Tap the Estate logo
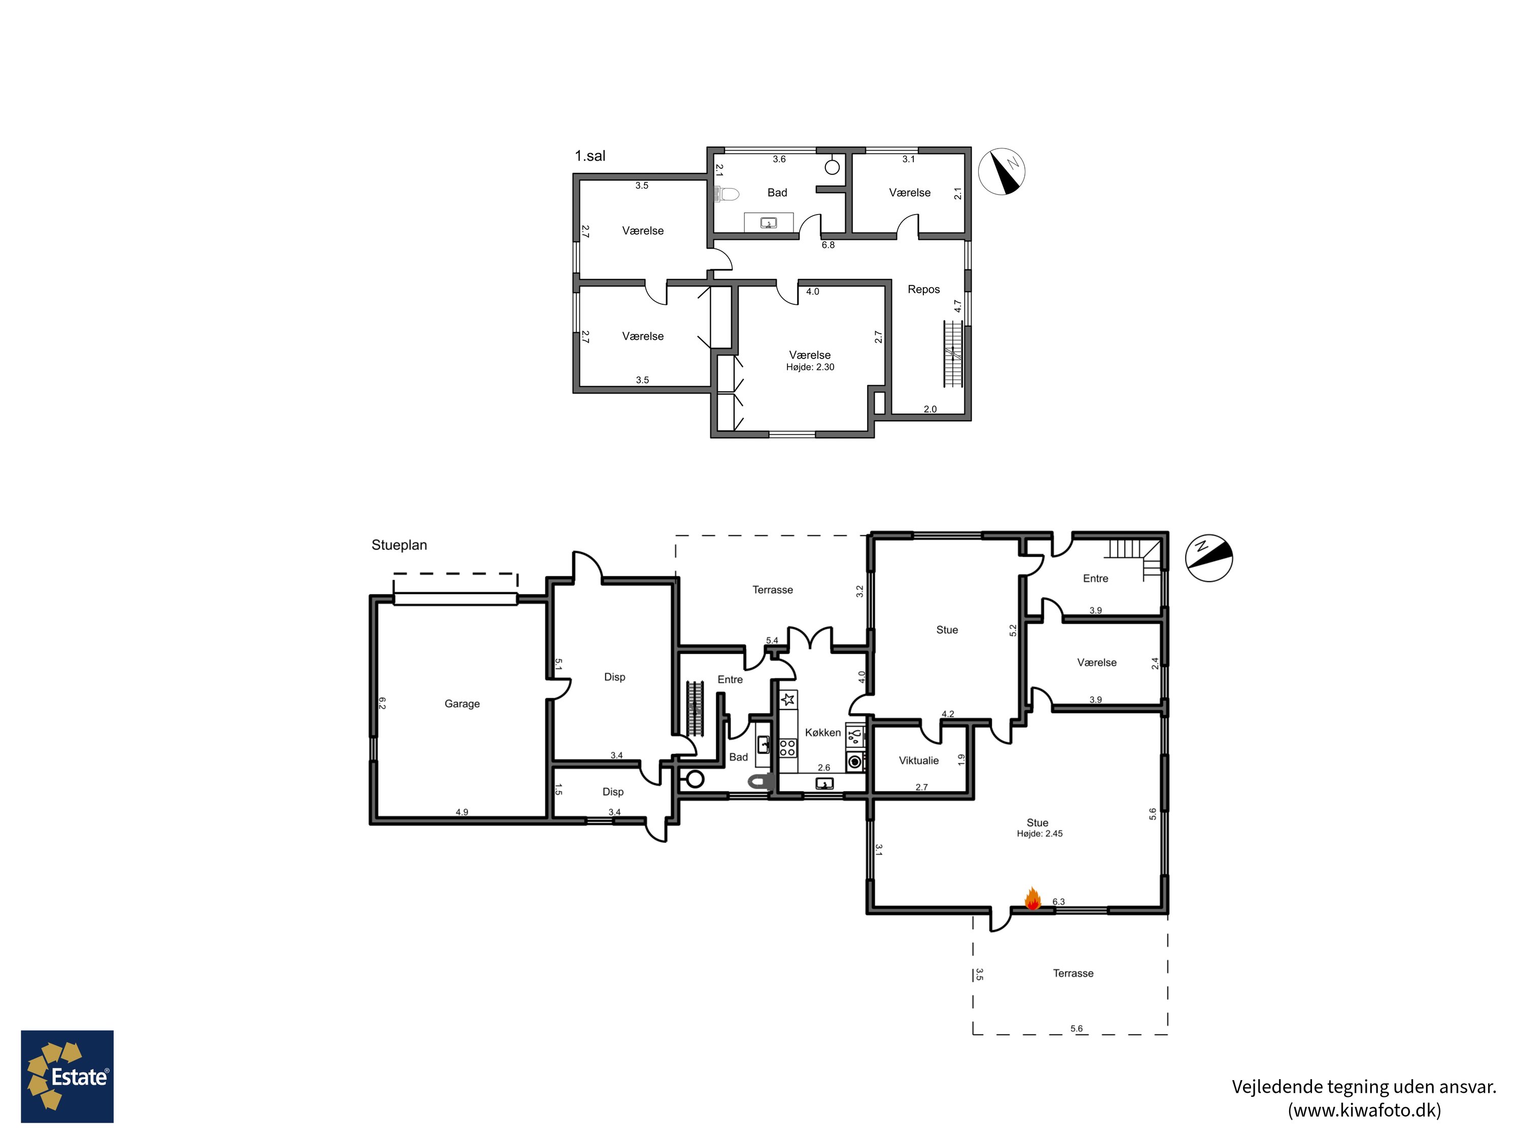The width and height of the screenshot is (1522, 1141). (x=67, y=1077)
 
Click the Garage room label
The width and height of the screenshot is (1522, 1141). (x=462, y=703)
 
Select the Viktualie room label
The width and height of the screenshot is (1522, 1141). (x=919, y=760)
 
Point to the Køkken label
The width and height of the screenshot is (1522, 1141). (x=823, y=732)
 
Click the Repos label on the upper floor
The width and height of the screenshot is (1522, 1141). (x=923, y=290)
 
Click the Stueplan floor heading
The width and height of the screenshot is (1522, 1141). (x=399, y=545)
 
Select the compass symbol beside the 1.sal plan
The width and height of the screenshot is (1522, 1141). (x=1002, y=171)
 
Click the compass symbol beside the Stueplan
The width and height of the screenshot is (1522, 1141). (x=1209, y=558)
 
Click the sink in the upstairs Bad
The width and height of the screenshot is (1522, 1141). (x=769, y=223)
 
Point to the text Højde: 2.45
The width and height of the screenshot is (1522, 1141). (x=1040, y=834)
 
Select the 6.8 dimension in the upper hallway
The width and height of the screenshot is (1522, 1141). (x=828, y=245)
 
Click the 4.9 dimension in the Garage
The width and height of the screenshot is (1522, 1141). (x=462, y=812)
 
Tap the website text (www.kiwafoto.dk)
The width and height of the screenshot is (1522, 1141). (x=1364, y=1110)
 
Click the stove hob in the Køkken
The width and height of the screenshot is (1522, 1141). (x=788, y=747)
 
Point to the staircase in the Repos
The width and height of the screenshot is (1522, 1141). (x=953, y=353)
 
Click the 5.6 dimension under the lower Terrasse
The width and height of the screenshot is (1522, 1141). (x=1076, y=1029)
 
